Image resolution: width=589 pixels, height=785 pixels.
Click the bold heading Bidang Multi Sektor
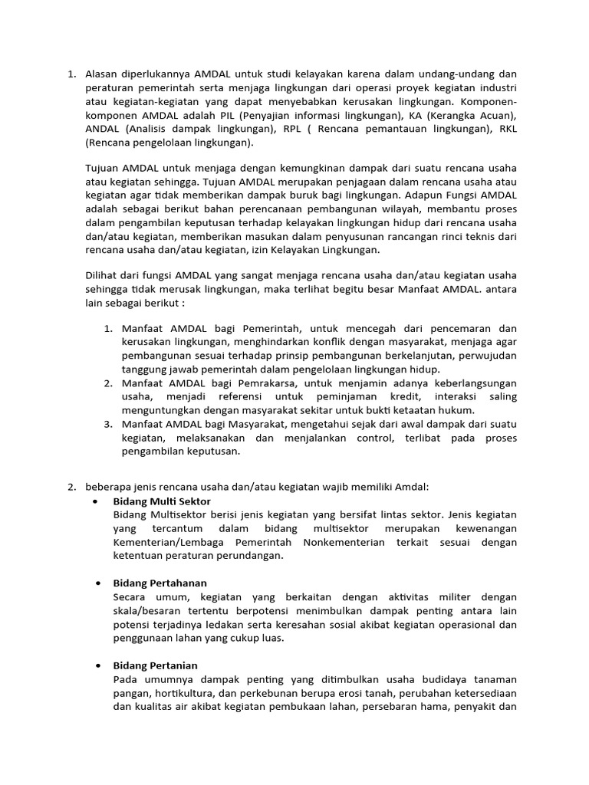pos(161,501)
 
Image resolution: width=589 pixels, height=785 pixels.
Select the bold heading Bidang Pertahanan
pos(160,583)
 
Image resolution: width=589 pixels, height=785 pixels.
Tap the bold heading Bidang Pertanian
pos(155,665)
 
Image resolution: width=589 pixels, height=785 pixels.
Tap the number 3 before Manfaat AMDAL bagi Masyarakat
pos(108,424)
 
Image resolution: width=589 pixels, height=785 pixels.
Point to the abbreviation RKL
pos(507,130)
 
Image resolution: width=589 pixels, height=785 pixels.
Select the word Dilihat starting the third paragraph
pos(103,274)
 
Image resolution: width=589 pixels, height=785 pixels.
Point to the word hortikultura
pos(185,693)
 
